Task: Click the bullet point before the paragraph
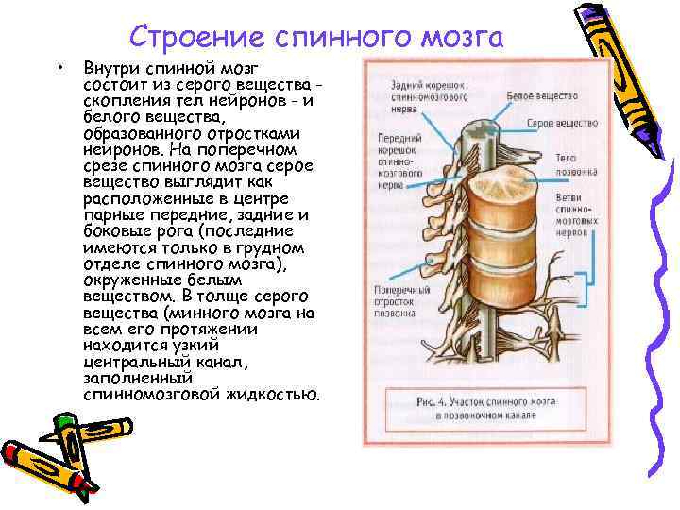click(59, 69)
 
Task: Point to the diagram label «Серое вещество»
click(562, 123)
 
